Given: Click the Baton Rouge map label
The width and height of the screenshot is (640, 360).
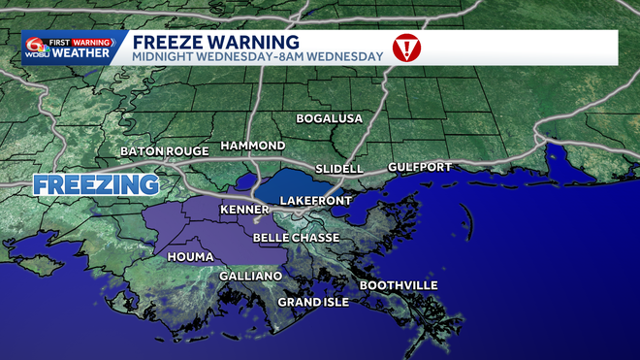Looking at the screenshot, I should coord(165,151).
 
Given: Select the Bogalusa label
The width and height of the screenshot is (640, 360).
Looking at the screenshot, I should coord(329,118).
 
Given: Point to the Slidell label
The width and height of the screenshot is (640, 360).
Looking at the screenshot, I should coord(338,169).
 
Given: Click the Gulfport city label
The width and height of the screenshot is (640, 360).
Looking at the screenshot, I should coord(419,167).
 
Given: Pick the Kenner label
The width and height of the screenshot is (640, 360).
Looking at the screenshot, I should coord(244,210).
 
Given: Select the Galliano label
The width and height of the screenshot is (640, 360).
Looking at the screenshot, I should coord(250,277).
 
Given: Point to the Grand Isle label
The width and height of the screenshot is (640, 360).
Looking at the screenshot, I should coord(313,302).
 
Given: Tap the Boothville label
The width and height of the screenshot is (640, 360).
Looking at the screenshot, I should coord(399,285).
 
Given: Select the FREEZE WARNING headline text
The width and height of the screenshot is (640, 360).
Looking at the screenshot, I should coord(215,41).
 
